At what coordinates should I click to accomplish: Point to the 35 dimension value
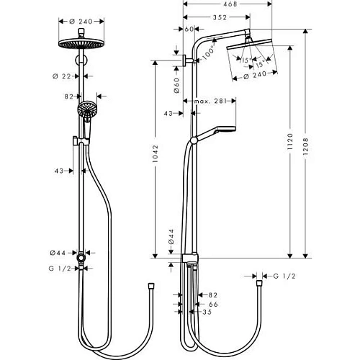tap(207, 313)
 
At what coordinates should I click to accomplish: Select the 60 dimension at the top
tap(189, 30)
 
